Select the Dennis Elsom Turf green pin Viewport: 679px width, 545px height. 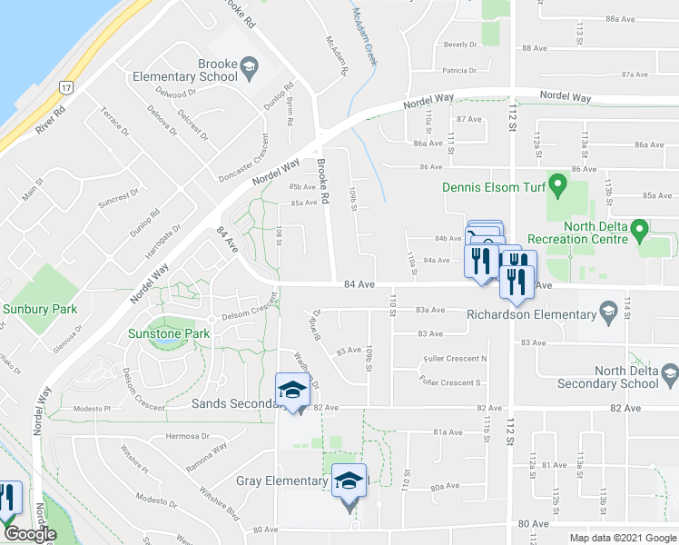559,188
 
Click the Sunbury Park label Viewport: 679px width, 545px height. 40,310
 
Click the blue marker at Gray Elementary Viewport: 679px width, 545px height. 349,482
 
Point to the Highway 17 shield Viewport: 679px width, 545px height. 66,87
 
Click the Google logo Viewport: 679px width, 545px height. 29,534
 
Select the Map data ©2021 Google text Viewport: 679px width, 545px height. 623,538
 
